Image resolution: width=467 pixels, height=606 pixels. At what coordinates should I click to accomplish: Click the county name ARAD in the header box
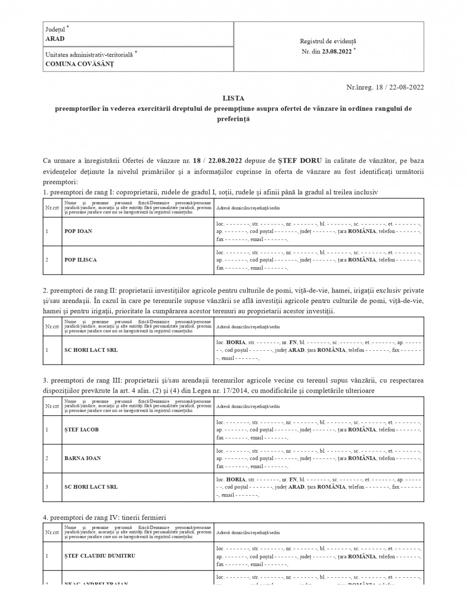(x=55, y=39)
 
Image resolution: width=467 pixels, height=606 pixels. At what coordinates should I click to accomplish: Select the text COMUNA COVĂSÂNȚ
(x=80, y=64)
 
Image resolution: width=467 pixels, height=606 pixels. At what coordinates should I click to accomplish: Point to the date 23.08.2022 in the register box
(x=337, y=51)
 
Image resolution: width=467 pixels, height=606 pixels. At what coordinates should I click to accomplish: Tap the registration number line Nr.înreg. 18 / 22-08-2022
(x=385, y=87)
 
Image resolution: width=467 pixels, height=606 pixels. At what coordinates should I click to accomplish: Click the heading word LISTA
(x=233, y=98)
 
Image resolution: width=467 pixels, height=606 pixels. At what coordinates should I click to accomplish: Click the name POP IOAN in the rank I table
(x=78, y=231)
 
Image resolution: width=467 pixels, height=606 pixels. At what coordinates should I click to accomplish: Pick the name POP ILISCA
(x=81, y=260)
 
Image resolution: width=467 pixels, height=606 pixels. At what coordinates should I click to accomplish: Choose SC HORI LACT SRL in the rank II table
(x=91, y=350)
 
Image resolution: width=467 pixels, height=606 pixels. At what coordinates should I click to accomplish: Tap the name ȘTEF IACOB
(x=81, y=430)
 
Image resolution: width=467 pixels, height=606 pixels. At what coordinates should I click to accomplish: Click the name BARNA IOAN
(x=83, y=458)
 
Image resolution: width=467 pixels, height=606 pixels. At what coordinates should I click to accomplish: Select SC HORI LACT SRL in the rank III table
(x=91, y=487)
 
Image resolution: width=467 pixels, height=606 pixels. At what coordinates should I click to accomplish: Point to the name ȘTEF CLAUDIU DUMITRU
(x=100, y=556)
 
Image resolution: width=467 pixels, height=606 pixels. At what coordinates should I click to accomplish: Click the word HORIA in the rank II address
(x=236, y=342)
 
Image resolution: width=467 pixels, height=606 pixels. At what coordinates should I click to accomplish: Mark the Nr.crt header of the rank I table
(x=52, y=208)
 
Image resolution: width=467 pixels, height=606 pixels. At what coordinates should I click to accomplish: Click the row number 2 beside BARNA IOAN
(x=47, y=458)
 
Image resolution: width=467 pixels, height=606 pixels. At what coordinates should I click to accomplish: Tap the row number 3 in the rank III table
(x=47, y=487)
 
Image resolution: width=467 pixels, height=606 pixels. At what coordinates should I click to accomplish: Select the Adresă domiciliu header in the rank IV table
(x=248, y=532)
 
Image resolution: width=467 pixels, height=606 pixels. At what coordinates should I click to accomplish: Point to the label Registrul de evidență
(x=328, y=41)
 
